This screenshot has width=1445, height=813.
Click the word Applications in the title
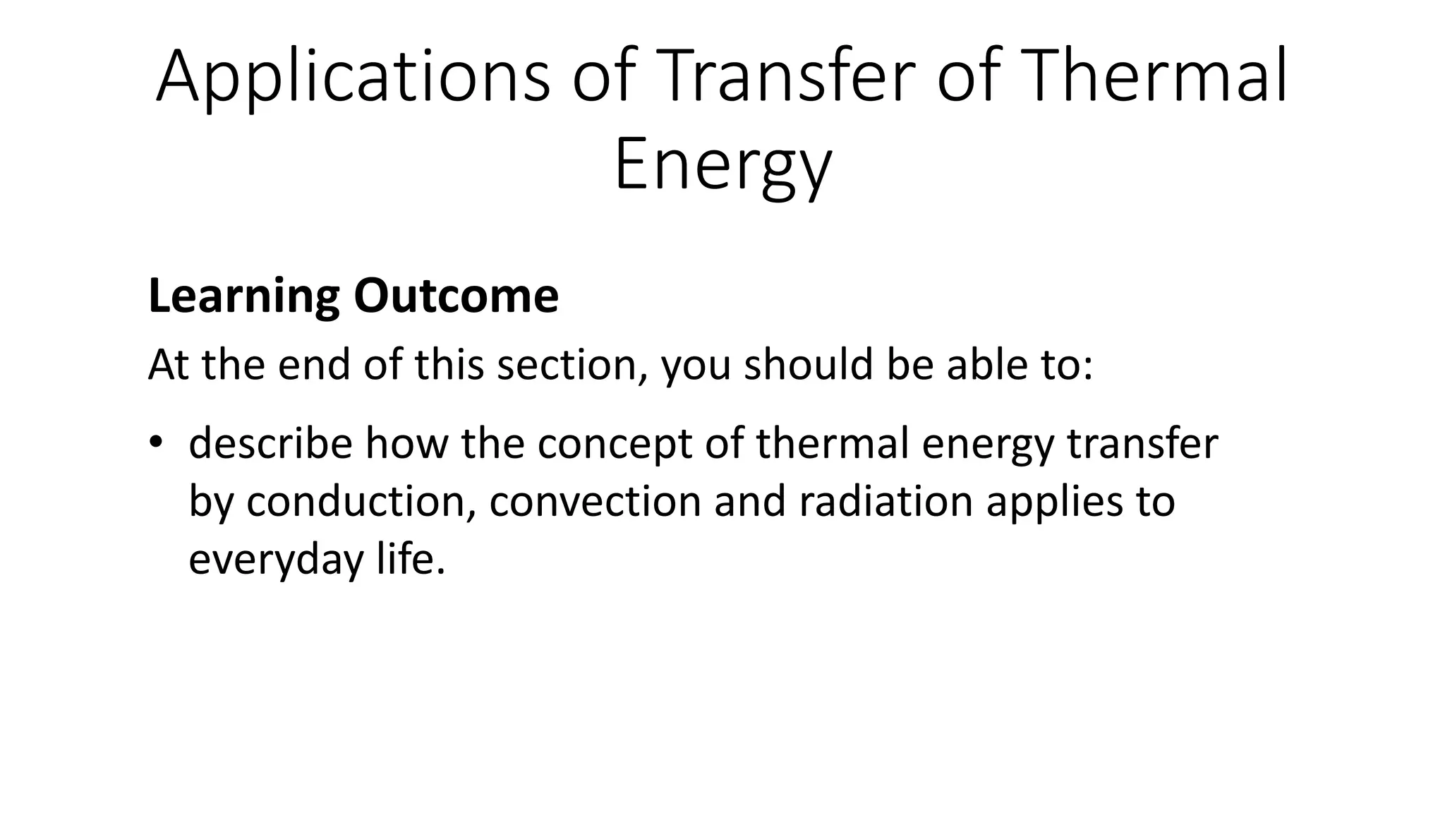click(x=352, y=78)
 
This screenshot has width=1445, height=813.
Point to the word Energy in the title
click(x=722, y=167)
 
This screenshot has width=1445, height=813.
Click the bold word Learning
click(x=243, y=296)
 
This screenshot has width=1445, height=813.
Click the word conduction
click(x=358, y=502)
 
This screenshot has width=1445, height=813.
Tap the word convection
click(x=595, y=502)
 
